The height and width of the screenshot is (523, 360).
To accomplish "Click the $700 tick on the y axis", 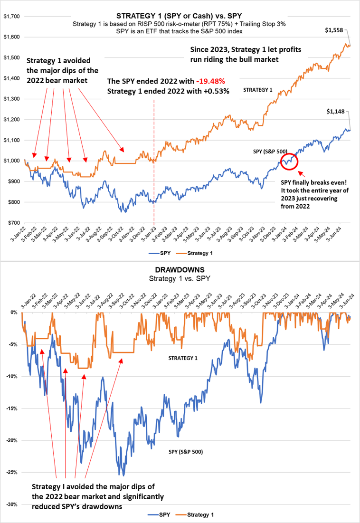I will (x=13, y=223).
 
